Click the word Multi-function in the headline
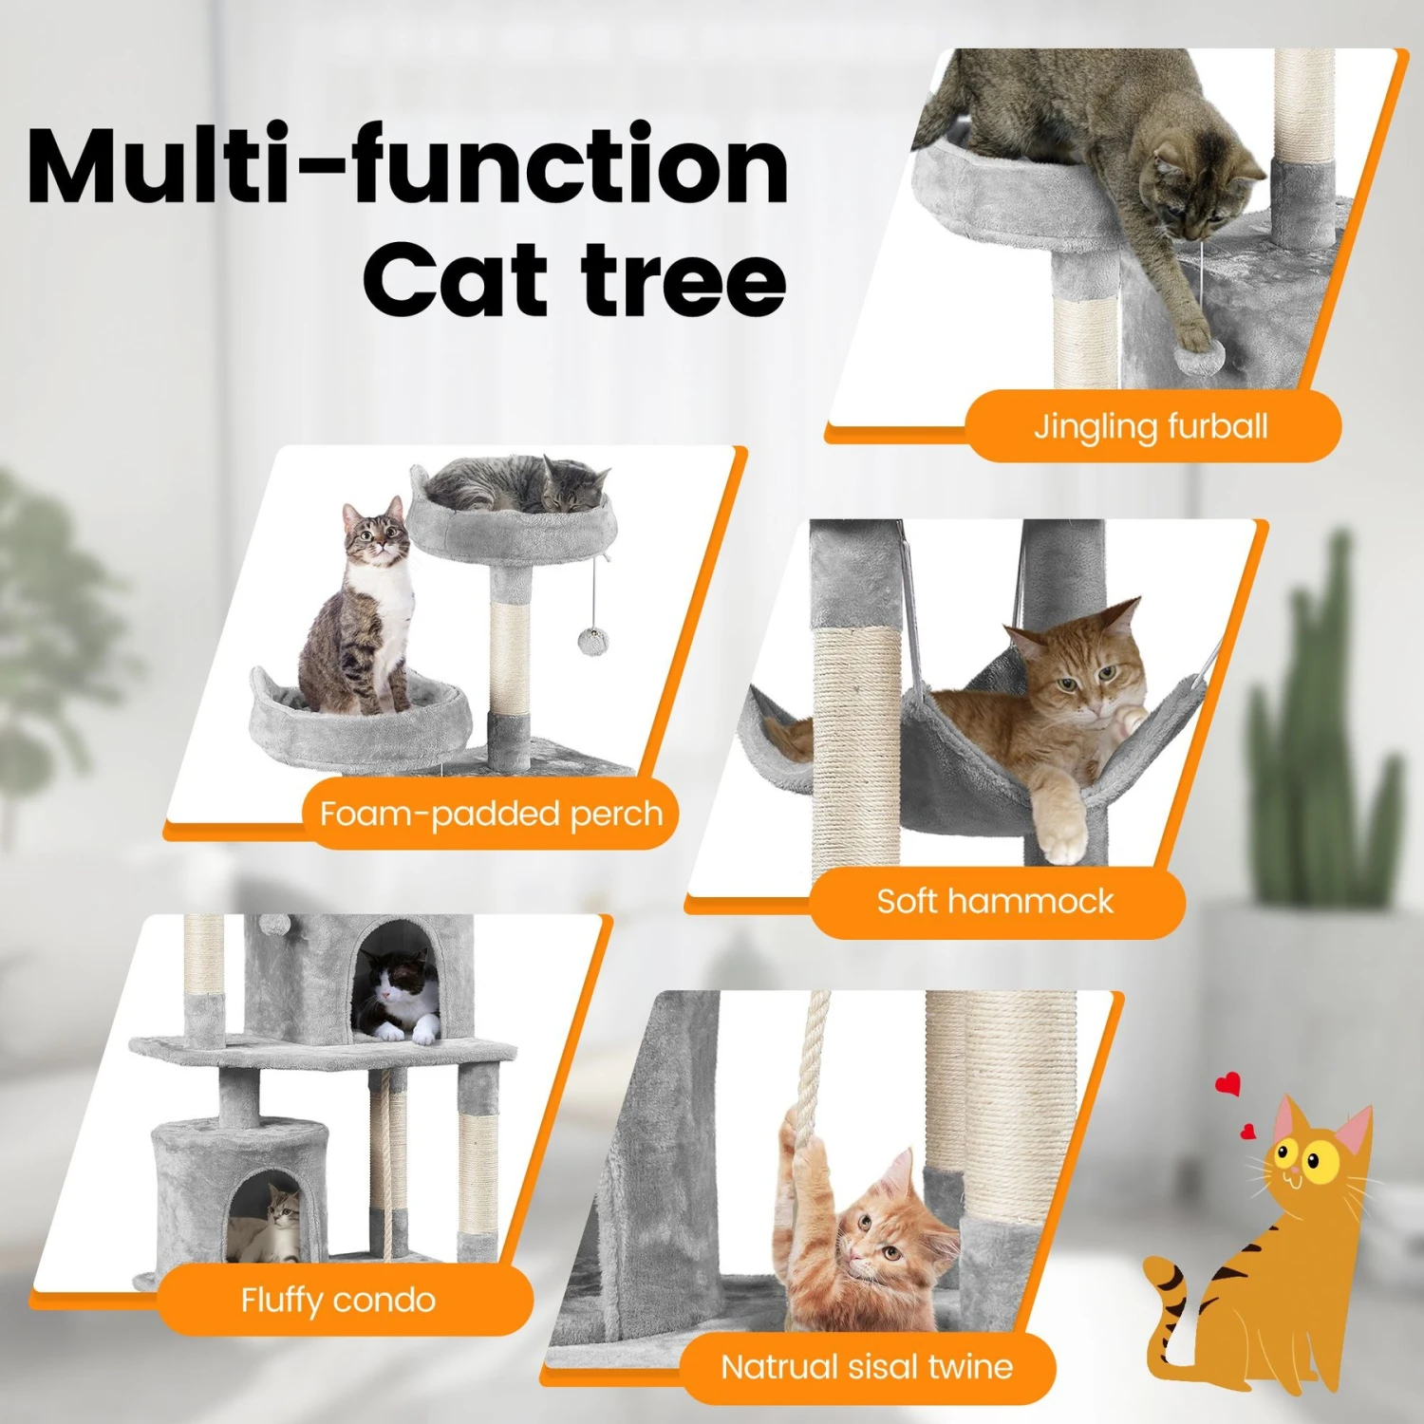coord(408,166)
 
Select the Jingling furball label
coord(1151,426)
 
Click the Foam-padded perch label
coord(491,814)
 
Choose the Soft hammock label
coord(995,901)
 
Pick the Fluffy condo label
coord(338,1299)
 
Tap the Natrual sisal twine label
coord(867,1367)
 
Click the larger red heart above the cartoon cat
coord(1228,1084)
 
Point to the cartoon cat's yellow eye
coord(1315,1159)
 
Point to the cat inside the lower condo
coord(271,1220)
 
